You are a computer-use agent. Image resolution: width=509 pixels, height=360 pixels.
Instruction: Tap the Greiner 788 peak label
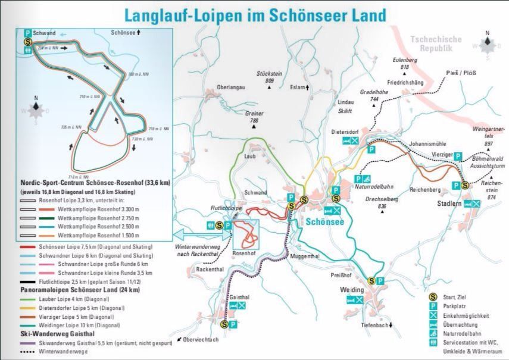[x=254, y=117]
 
